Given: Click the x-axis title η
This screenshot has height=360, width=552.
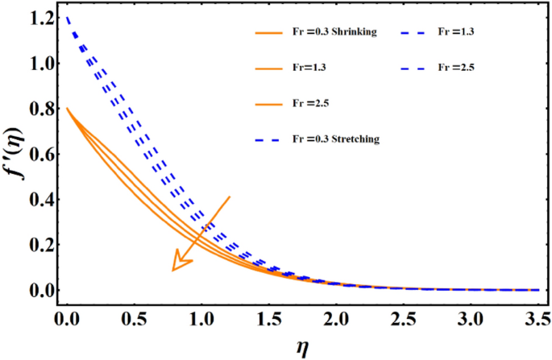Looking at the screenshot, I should [304, 346].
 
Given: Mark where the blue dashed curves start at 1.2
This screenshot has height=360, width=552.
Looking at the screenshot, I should [67, 17].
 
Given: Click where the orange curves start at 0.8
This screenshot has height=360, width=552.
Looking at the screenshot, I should [67, 108].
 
